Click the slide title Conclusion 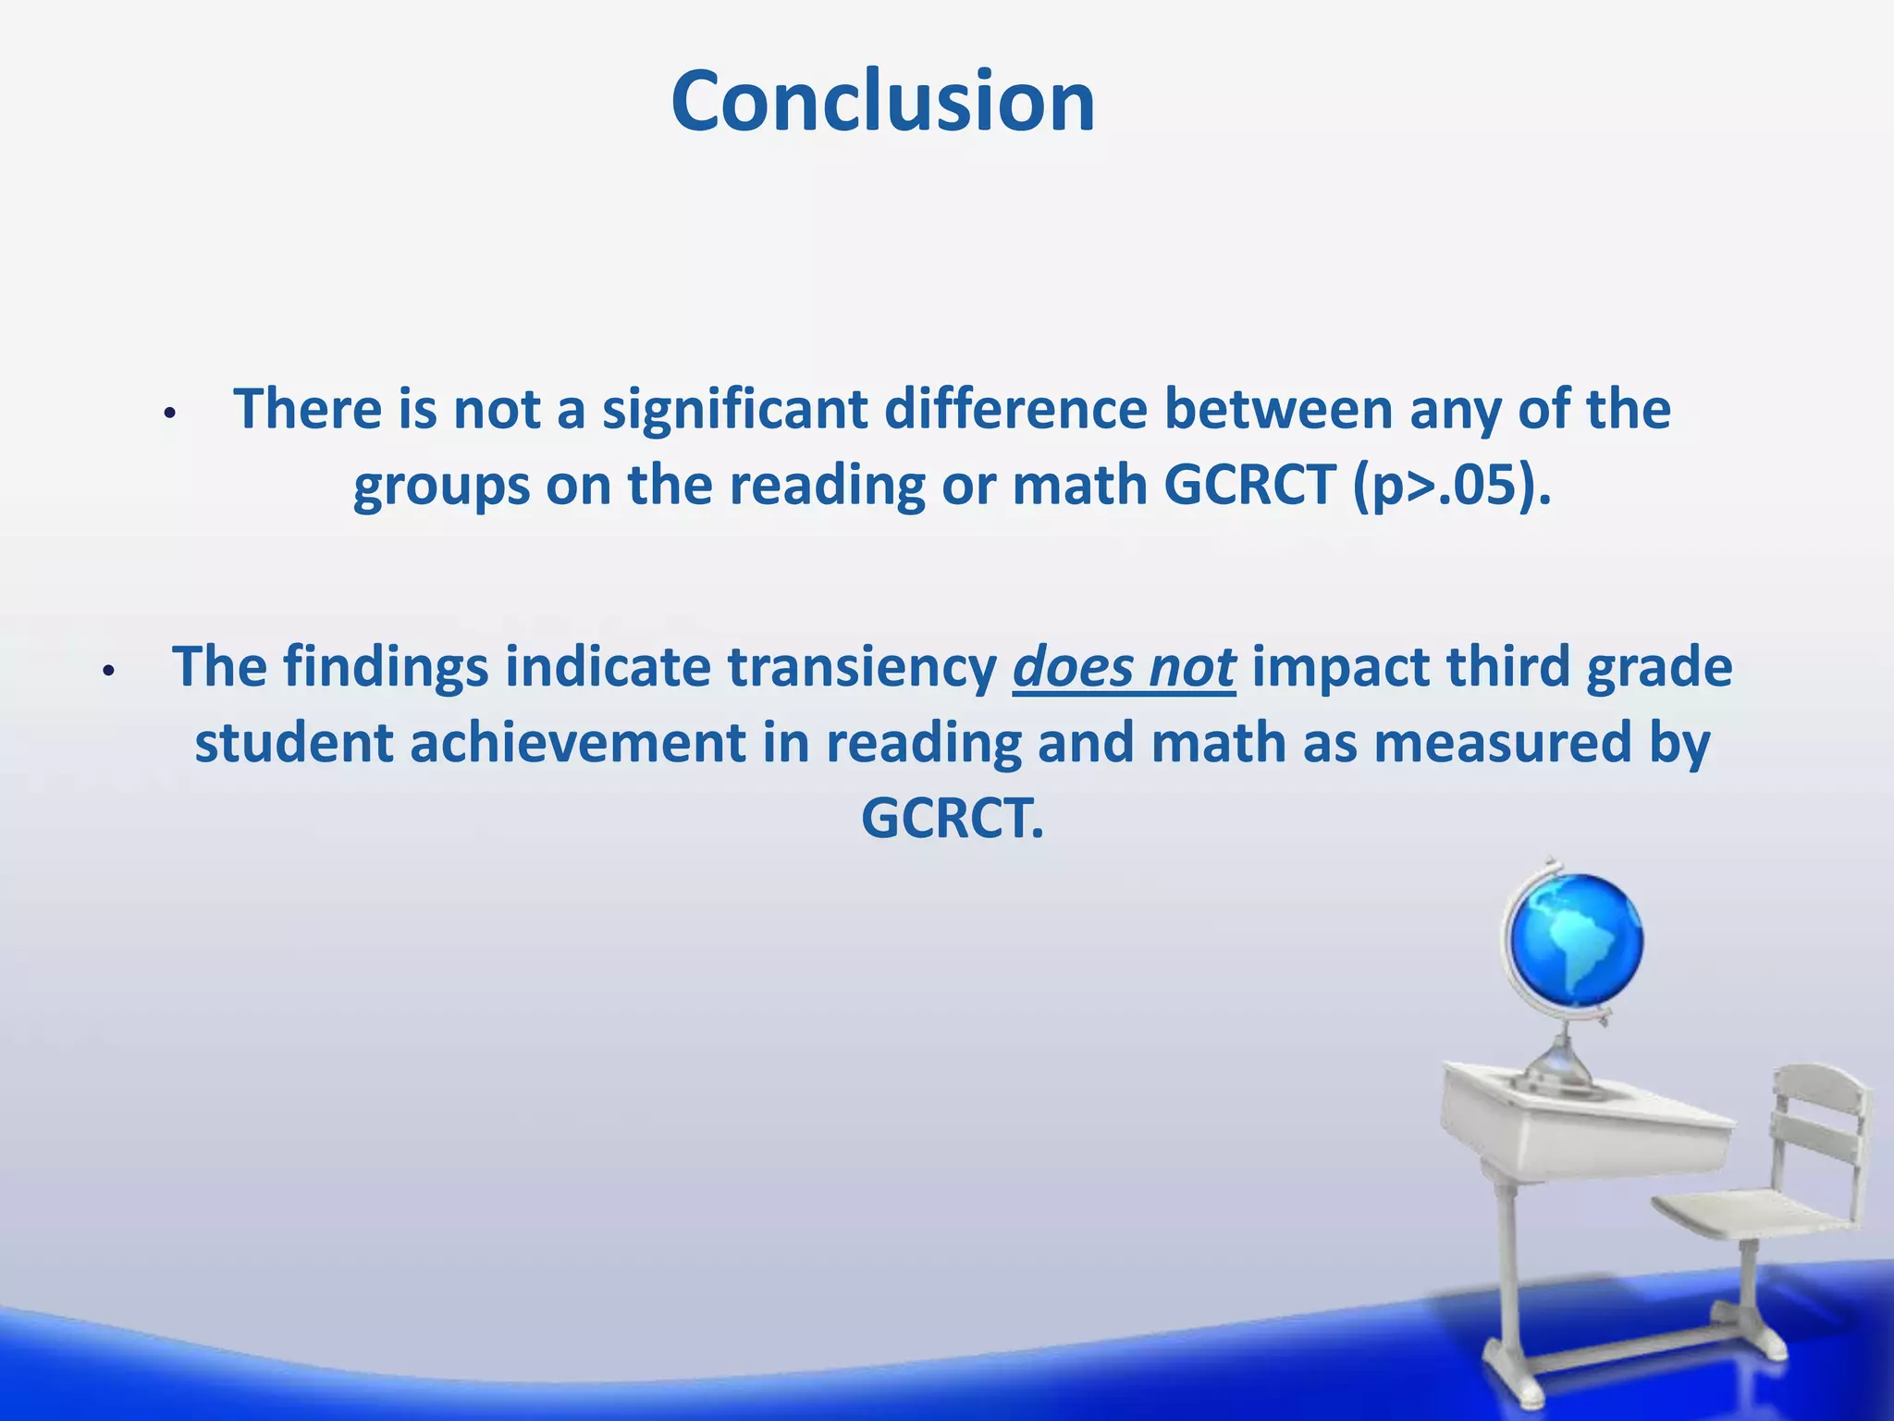[x=883, y=102]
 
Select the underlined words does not [x=1124, y=667]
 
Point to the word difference [x=1015, y=410]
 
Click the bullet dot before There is [x=168, y=414]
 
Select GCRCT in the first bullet [x=1249, y=486]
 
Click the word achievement [x=578, y=743]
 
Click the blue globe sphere [x=1575, y=939]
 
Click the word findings [x=385, y=667]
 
